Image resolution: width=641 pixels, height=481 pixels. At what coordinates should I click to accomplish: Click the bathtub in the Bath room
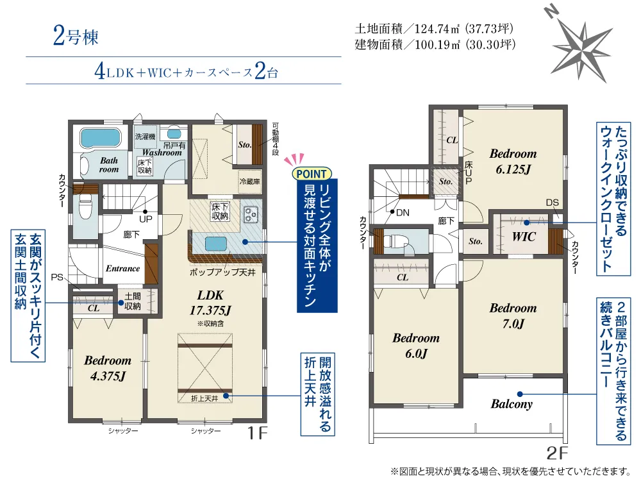click(x=100, y=139)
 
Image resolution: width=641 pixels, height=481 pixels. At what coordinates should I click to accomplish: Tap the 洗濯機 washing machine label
click(x=145, y=136)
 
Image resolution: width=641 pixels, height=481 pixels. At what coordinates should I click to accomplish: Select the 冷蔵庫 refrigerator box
click(x=249, y=181)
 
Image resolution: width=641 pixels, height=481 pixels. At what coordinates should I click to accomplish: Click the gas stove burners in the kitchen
click(x=251, y=214)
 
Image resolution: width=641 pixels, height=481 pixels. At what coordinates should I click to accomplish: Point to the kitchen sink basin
click(x=215, y=244)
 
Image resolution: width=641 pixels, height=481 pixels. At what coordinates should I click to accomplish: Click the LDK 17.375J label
click(x=210, y=303)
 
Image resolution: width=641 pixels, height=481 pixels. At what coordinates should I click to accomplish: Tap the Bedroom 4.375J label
click(x=108, y=367)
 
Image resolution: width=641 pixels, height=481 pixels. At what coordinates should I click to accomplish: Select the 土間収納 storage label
click(x=133, y=301)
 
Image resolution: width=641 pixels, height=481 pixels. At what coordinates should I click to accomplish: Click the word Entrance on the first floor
click(x=122, y=268)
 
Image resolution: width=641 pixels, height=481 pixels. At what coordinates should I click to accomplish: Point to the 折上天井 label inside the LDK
click(x=204, y=398)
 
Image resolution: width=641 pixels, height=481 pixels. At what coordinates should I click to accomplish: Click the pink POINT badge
click(x=312, y=174)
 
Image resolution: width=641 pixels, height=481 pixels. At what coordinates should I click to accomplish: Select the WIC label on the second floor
click(x=524, y=237)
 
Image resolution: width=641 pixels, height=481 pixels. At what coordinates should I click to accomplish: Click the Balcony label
click(x=512, y=404)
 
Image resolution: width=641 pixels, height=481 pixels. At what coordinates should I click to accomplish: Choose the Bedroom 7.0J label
click(x=513, y=316)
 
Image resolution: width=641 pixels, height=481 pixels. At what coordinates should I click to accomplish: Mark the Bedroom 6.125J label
click(x=513, y=161)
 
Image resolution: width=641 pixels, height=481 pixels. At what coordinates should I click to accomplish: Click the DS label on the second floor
click(x=553, y=203)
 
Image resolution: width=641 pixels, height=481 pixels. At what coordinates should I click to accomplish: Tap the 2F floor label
click(x=558, y=453)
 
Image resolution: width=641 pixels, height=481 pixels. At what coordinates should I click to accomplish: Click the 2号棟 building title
click(x=76, y=36)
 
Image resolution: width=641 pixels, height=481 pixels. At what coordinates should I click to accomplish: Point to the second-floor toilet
click(x=395, y=240)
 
